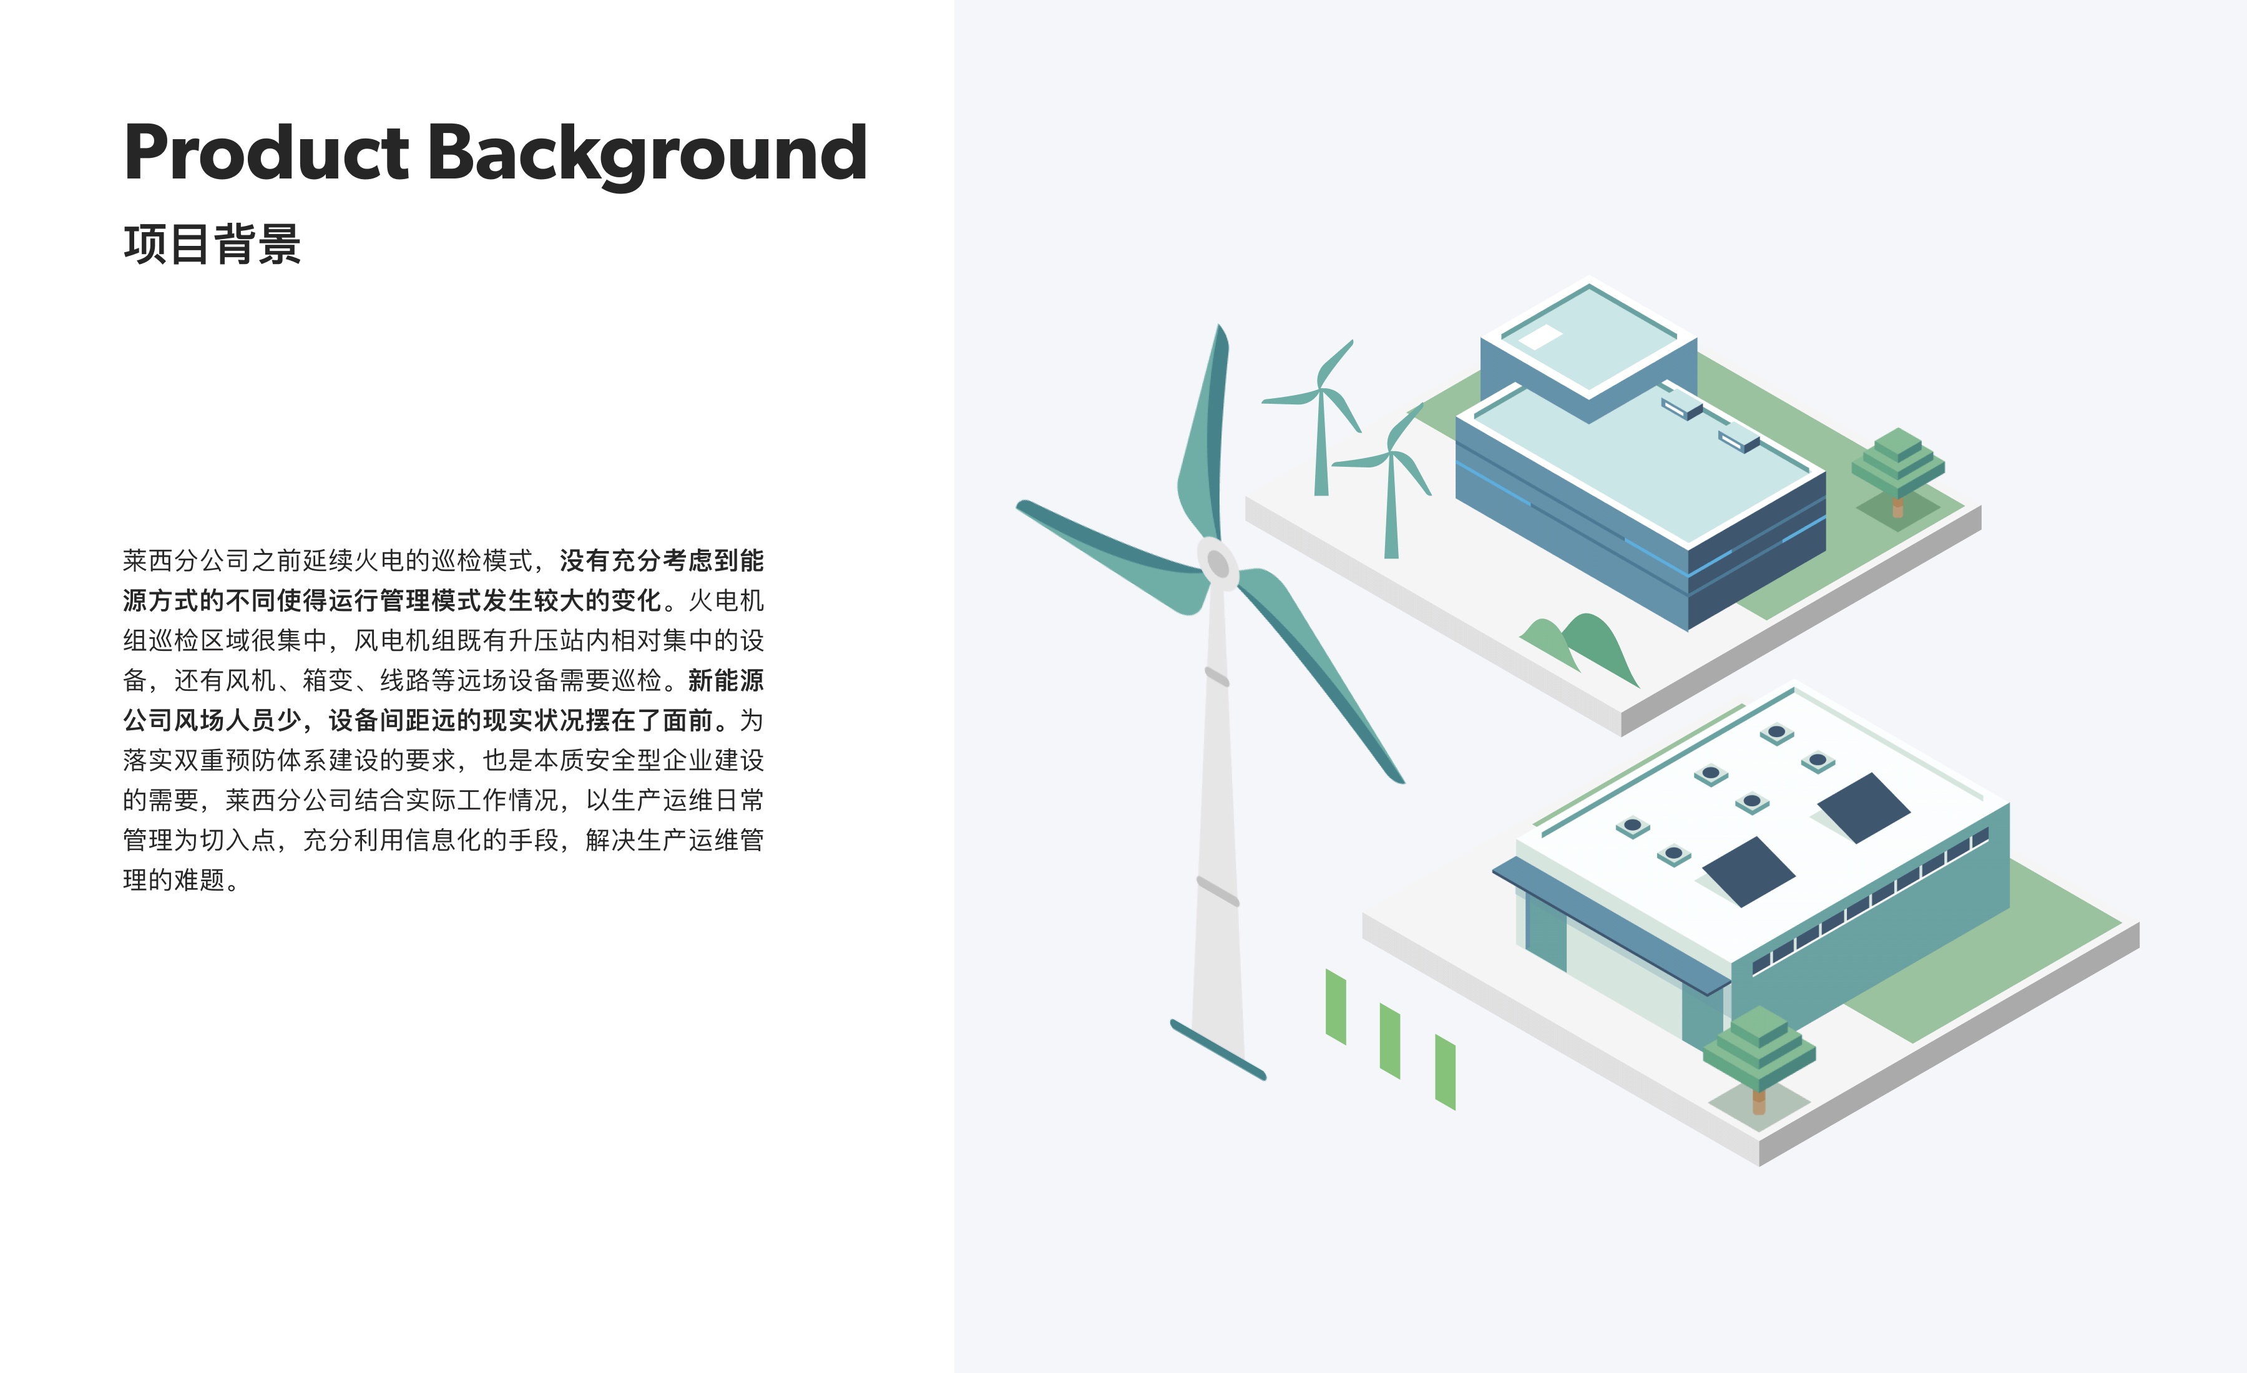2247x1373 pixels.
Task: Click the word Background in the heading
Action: pyautogui.click(x=647, y=155)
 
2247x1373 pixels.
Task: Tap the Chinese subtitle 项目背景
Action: pyautogui.click(x=212, y=245)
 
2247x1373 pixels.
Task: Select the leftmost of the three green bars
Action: pyautogui.click(x=1336, y=1007)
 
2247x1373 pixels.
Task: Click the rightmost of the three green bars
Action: pyautogui.click(x=1446, y=1072)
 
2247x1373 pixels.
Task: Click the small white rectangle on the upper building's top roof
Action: pyautogui.click(x=1540, y=338)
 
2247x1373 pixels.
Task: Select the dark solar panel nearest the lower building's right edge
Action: pyautogui.click(x=1863, y=808)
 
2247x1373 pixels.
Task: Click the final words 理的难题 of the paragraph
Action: pyautogui.click(x=174, y=880)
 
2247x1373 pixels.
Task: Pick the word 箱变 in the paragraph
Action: pyautogui.click(x=328, y=680)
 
